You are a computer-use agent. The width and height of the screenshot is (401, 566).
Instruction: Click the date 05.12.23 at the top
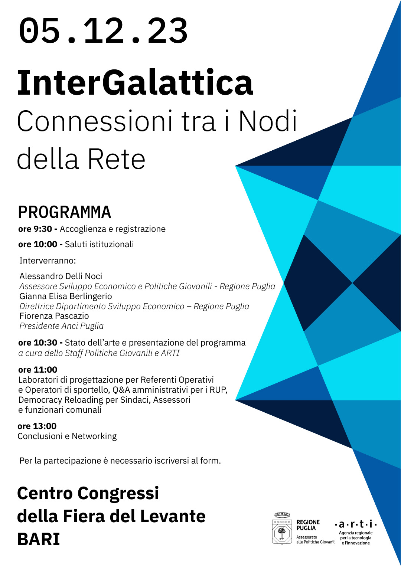(x=103, y=31)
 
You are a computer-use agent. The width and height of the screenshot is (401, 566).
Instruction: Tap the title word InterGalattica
(x=135, y=82)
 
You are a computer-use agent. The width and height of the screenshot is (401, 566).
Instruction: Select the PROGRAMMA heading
(x=65, y=212)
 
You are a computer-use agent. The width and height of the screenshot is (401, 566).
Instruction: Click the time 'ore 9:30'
(x=35, y=229)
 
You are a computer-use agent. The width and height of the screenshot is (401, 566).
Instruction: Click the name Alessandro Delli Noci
(x=61, y=276)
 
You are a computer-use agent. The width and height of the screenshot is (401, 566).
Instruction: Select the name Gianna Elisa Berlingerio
(x=65, y=296)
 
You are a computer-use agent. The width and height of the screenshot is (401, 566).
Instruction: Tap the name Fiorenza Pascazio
(x=54, y=316)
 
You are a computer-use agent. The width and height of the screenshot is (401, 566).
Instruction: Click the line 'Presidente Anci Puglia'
(x=61, y=326)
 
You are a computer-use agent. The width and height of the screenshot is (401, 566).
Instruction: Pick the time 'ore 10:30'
(x=38, y=343)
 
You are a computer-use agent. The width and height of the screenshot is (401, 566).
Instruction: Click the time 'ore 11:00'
(x=38, y=370)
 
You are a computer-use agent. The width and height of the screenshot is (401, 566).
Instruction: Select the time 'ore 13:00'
(x=37, y=426)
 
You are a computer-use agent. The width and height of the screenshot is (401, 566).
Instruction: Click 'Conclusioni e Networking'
(x=67, y=436)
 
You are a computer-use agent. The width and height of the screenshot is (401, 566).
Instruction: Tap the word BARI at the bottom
(x=38, y=539)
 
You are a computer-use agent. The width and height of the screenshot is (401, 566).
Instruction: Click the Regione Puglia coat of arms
(x=282, y=530)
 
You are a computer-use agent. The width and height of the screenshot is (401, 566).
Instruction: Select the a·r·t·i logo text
(x=356, y=524)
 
